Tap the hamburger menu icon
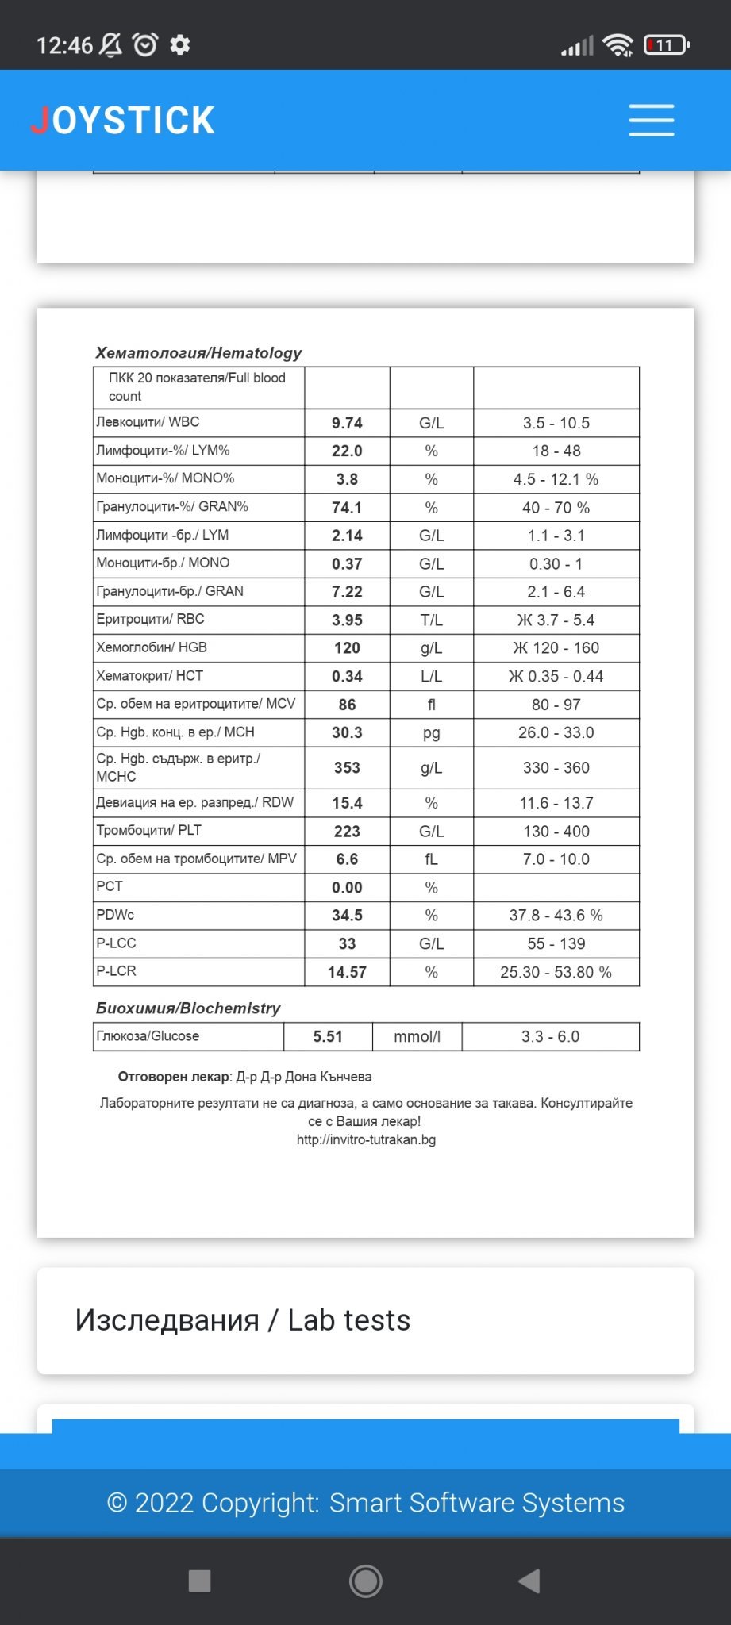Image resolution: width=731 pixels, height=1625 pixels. [x=651, y=120]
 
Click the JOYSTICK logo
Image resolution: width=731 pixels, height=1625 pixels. [x=123, y=121]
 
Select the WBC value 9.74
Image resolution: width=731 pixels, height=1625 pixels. [x=347, y=423]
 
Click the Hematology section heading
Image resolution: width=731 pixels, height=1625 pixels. [x=198, y=352]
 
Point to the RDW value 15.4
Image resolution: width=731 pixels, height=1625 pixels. [x=347, y=803]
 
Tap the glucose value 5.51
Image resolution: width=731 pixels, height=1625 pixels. [x=328, y=1036]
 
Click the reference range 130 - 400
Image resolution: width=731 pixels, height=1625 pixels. [x=556, y=831]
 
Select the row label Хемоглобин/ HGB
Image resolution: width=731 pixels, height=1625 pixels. [x=152, y=647]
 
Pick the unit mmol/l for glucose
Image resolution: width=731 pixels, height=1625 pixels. [x=417, y=1036]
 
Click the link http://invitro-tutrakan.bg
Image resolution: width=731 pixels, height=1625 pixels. [x=366, y=1139]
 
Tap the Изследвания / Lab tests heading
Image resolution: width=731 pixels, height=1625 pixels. [x=242, y=1320]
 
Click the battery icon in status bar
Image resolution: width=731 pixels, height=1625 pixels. [x=665, y=45]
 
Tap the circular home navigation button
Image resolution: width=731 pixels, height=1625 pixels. [x=366, y=1581]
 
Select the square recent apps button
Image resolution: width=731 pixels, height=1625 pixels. [x=199, y=1581]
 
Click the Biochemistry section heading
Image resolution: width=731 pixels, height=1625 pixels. [x=188, y=1008]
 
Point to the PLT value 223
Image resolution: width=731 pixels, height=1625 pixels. [x=347, y=831]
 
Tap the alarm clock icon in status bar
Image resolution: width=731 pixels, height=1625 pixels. [x=145, y=44]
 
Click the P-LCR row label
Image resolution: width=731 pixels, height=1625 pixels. [x=116, y=971]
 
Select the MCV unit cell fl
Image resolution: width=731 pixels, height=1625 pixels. [x=431, y=705]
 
